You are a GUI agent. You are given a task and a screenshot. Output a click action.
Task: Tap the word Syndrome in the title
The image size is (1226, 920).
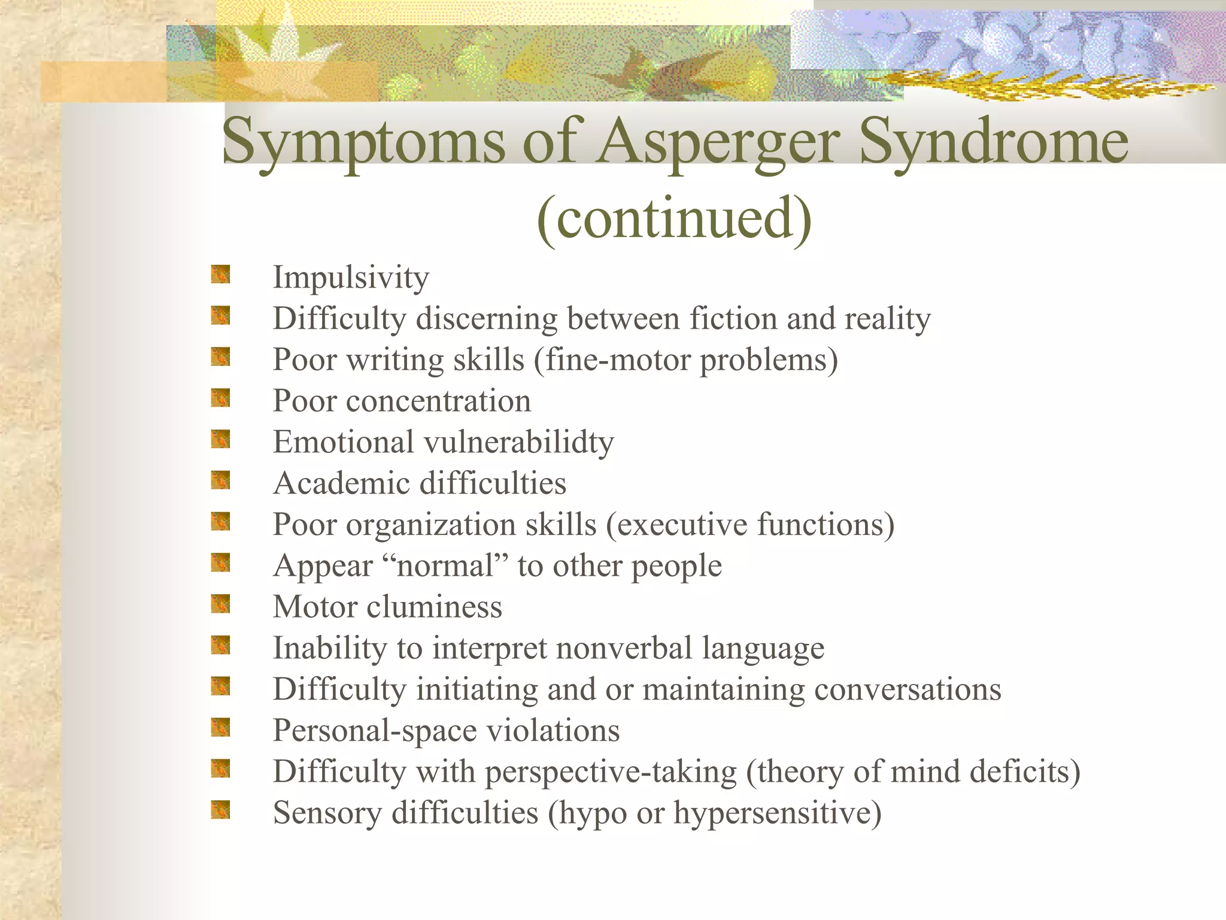click(994, 143)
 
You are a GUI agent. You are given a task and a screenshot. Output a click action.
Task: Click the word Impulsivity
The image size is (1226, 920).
click(351, 278)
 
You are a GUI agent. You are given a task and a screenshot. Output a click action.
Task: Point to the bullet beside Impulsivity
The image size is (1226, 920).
click(220, 275)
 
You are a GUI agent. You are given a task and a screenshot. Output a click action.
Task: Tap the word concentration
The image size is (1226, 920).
click(438, 401)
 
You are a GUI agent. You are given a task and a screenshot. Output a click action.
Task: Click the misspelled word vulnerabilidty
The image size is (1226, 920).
click(518, 443)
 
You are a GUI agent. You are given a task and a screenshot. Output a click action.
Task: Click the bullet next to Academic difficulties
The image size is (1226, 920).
click(220, 480)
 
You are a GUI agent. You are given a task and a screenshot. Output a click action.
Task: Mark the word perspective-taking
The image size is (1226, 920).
click(611, 772)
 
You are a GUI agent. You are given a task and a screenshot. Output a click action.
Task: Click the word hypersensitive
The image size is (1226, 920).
click(777, 813)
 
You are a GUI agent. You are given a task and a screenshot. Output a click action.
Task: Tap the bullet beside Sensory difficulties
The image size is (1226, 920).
click(220, 810)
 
